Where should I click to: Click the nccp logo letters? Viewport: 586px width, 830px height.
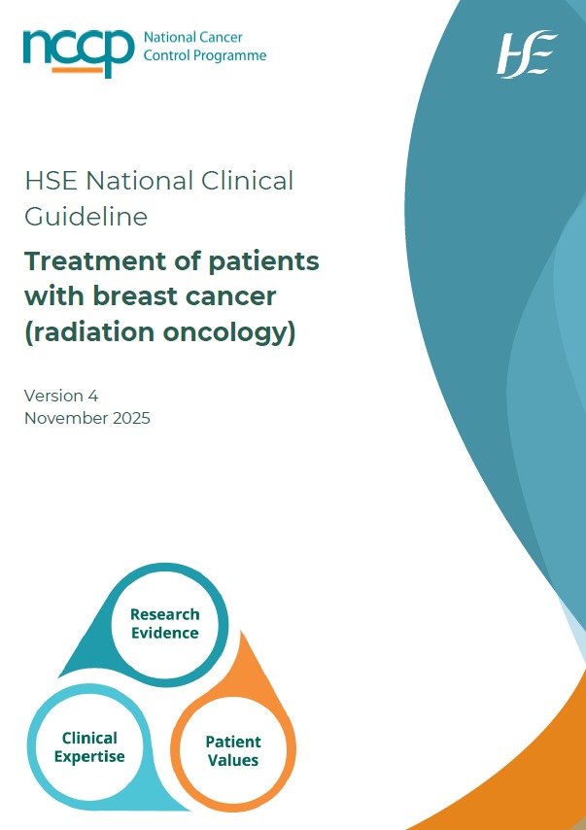(79, 49)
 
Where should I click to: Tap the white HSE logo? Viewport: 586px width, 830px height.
(527, 54)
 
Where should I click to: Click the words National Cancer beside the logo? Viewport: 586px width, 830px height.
(192, 38)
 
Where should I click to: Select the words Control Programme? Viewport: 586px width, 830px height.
(204, 56)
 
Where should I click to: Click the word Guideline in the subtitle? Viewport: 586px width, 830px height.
(86, 216)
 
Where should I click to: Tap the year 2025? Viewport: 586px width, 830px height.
(129, 419)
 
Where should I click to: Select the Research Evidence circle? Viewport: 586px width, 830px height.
(164, 623)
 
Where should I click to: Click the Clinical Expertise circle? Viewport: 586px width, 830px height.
(89, 747)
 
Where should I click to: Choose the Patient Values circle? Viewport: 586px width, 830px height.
(233, 750)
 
